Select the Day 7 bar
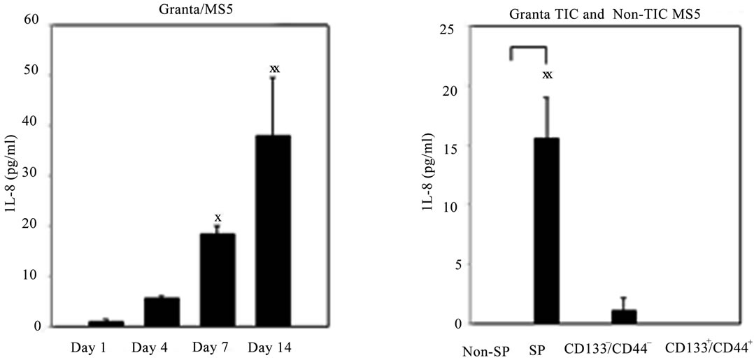[x=218, y=280]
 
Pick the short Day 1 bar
[x=106, y=324]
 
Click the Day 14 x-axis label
[x=273, y=347]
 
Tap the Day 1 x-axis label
[x=107, y=347]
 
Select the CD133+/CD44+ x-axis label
[x=709, y=347]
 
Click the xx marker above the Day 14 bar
[x=274, y=69]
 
